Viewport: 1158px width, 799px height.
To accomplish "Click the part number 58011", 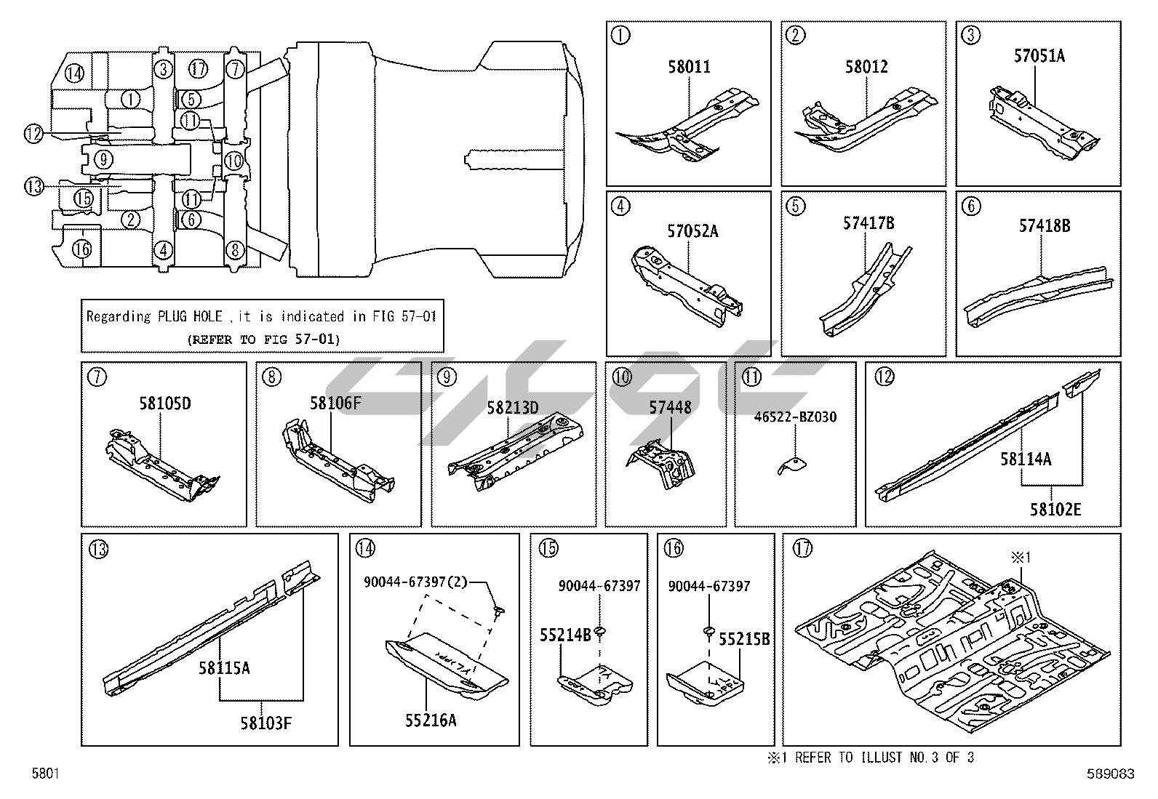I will [689, 67].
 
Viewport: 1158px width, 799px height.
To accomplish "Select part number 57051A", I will [1039, 55].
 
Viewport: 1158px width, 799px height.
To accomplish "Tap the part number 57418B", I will [1044, 226].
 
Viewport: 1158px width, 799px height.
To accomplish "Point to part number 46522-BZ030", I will [795, 417].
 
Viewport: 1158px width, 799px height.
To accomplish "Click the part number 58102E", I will [1055, 510].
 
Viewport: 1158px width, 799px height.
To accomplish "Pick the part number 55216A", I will [431, 720].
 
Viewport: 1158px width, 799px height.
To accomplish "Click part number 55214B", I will [565, 635].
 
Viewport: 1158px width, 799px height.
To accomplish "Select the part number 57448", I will [670, 408].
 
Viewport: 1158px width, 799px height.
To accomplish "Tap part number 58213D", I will [513, 409].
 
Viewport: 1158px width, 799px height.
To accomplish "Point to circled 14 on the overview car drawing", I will [73, 73].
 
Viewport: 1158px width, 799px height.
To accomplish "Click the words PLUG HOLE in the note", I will [180, 317].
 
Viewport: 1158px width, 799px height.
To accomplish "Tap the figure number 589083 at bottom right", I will [1109, 774].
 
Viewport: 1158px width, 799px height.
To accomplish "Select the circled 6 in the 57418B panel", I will [970, 206].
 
